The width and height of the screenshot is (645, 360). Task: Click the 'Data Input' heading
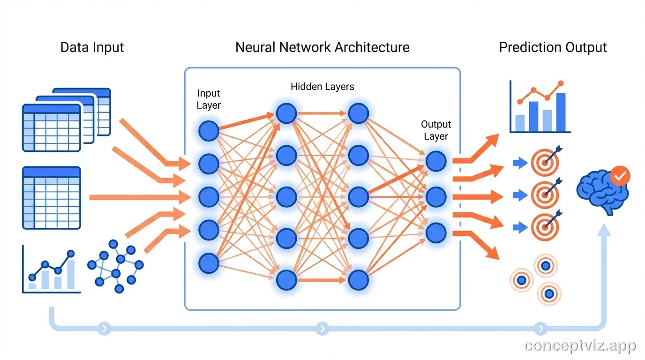[x=92, y=47]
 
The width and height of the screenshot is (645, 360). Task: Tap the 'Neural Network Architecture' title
[x=322, y=47]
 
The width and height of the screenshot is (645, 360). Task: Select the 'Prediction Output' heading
[x=553, y=47]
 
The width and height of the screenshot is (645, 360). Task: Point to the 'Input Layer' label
[x=209, y=99]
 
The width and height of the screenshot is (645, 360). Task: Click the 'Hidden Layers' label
[x=322, y=86]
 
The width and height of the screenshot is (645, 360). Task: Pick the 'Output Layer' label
[x=436, y=130]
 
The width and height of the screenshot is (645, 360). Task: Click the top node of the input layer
[x=209, y=131]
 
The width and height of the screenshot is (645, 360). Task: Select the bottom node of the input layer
[x=209, y=263]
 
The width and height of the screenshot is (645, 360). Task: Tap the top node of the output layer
[x=436, y=161]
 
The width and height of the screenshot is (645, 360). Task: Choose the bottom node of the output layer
[x=436, y=232]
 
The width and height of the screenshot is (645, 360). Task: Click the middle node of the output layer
[x=436, y=197]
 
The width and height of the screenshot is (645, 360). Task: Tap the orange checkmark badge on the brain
[x=620, y=176]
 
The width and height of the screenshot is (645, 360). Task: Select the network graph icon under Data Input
[x=115, y=266]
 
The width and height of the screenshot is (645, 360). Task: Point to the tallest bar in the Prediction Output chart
[x=561, y=112]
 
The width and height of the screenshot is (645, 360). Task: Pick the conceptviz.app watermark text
[x=580, y=346]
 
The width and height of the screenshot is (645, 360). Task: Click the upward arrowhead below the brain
[x=604, y=229]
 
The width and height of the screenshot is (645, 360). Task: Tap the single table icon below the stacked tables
[x=52, y=198]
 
